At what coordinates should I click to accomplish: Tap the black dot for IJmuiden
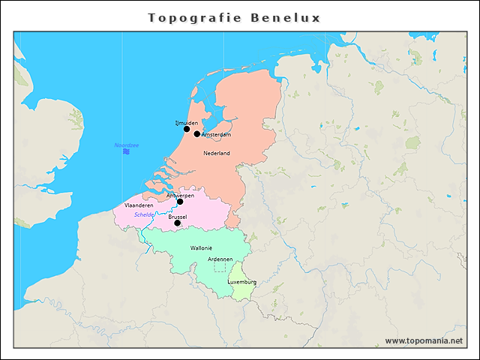(x=187, y=129)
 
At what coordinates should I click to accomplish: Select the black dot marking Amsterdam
(x=197, y=134)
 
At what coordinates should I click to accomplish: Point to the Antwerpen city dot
(x=180, y=202)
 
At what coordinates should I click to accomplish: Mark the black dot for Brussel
(x=178, y=223)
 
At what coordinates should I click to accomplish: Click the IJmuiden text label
(x=186, y=121)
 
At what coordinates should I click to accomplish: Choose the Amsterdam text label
(x=217, y=135)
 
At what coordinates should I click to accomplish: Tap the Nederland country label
(x=217, y=153)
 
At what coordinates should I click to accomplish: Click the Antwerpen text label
(x=180, y=195)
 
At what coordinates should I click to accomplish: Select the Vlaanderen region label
(x=139, y=205)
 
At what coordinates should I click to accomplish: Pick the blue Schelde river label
(x=144, y=214)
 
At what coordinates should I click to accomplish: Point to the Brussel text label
(x=178, y=217)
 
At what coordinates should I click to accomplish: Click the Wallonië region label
(x=202, y=247)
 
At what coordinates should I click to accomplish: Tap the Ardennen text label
(x=220, y=259)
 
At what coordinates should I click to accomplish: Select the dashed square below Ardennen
(x=219, y=267)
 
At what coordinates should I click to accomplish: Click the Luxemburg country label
(x=241, y=282)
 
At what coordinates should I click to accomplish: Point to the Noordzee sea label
(x=126, y=145)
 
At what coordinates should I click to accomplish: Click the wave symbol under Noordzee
(x=127, y=151)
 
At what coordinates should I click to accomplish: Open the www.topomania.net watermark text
(x=424, y=341)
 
